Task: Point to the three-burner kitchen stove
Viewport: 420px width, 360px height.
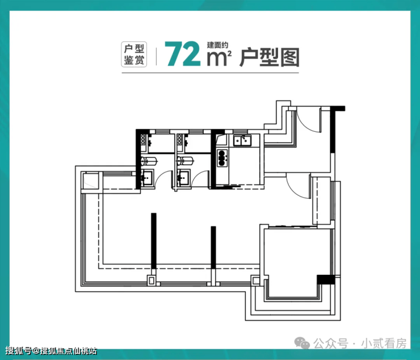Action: [x=221, y=157]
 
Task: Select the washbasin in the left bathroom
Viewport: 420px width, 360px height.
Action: [x=147, y=178]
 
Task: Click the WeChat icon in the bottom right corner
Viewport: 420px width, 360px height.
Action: [x=304, y=344]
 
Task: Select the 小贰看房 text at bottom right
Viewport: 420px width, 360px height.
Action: [x=388, y=344]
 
